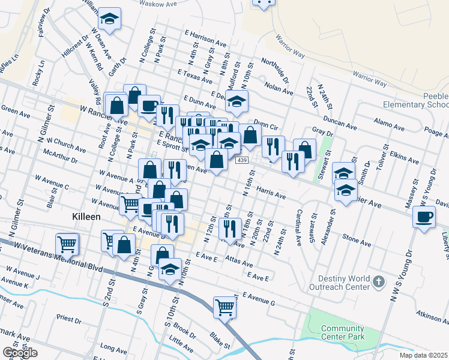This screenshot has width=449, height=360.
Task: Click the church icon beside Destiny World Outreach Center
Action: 378,281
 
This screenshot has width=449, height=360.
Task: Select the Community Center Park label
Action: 343,332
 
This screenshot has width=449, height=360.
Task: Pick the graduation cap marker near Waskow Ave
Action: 109,20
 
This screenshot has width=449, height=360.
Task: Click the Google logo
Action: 20,353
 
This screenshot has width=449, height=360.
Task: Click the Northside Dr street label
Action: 275,71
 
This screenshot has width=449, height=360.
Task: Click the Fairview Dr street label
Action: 43,22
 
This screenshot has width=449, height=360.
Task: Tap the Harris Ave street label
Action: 271,191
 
